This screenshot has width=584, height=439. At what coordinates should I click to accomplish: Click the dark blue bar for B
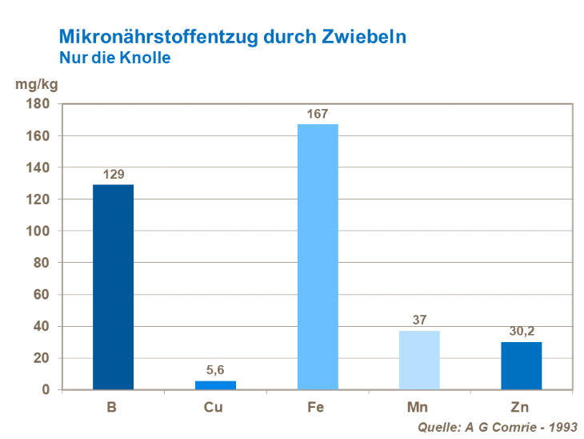coord(113,287)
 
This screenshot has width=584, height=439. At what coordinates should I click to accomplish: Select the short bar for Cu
coord(215,385)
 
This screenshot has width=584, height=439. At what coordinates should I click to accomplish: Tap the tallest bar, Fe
coord(318,256)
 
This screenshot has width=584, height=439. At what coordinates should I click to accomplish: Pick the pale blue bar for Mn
coord(419,360)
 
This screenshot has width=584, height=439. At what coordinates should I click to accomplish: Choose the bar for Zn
coord(521,366)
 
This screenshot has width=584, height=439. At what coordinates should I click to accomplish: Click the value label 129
coord(113,175)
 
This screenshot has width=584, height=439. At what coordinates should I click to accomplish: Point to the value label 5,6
coord(215,371)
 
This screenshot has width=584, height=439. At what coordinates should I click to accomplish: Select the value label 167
coord(318,115)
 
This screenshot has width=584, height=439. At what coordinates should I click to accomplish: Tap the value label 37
coord(419,320)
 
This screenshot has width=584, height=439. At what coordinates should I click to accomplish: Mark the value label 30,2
coord(521,332)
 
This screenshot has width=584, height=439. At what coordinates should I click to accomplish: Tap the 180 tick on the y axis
coord(39,104)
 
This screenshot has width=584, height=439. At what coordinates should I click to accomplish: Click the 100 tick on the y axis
coord(39,232)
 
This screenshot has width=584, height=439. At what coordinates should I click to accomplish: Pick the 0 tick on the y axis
coord(46,390)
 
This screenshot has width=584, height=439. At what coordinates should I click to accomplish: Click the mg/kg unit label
coord(37,83)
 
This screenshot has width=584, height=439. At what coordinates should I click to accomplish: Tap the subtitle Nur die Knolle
coord(114,58)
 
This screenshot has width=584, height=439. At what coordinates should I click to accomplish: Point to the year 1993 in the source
coord(561,427)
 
